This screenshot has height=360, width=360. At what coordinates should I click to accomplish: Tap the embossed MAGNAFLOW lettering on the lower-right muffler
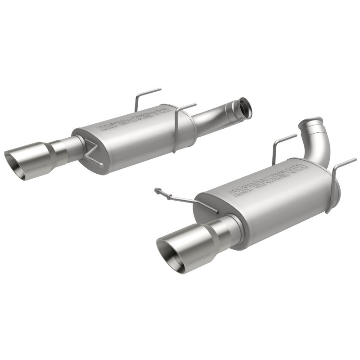[x=269, y=179]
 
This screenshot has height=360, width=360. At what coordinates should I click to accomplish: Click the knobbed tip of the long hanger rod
[x=157, y=191]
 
